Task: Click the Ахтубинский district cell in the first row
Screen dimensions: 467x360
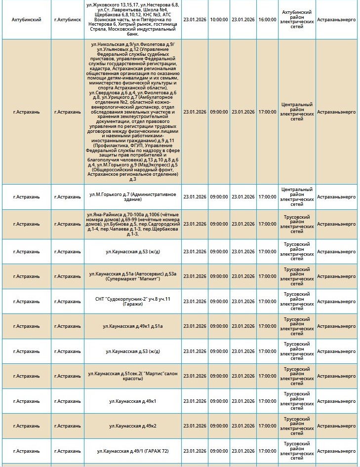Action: (26, 19)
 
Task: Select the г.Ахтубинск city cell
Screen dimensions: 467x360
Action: (67, 19)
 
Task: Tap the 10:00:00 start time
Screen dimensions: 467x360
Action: (219, 19)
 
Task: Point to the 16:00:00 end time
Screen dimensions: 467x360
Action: (267, 19)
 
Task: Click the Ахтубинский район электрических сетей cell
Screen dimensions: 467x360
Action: (296, 19)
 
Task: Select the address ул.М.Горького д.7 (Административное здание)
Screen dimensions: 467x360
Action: (132, 196)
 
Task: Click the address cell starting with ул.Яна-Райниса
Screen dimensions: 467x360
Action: (132, 224)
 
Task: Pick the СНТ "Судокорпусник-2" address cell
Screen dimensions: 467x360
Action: (132, 301)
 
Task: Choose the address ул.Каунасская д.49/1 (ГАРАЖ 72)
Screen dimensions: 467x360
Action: (132, 451)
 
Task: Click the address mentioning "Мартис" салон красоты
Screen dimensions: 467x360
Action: (132, 376)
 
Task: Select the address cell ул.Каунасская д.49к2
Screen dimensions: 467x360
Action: (132, 426)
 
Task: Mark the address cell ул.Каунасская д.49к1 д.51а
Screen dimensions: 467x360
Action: (132, 326)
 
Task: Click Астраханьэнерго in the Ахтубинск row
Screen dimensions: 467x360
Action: (336, 19)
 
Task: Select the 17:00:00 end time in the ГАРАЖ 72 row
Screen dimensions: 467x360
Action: (267, 451)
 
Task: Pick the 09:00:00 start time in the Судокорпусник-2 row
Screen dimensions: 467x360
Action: (219, 301)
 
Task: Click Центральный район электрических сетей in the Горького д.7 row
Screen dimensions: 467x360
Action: (296, 196)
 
